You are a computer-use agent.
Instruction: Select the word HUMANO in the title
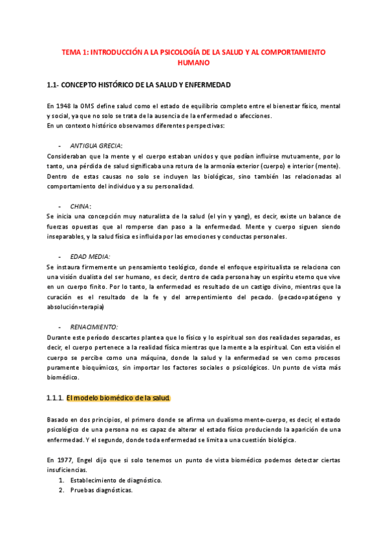tap(194, 63)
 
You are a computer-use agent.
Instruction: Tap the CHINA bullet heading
tap(80, 206)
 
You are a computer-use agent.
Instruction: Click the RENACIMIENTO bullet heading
tap(94, 327)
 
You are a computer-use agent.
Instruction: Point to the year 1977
tap(65, 459)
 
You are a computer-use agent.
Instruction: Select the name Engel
tap(90, 459)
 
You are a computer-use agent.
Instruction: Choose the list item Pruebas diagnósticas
tap(102, 490)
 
